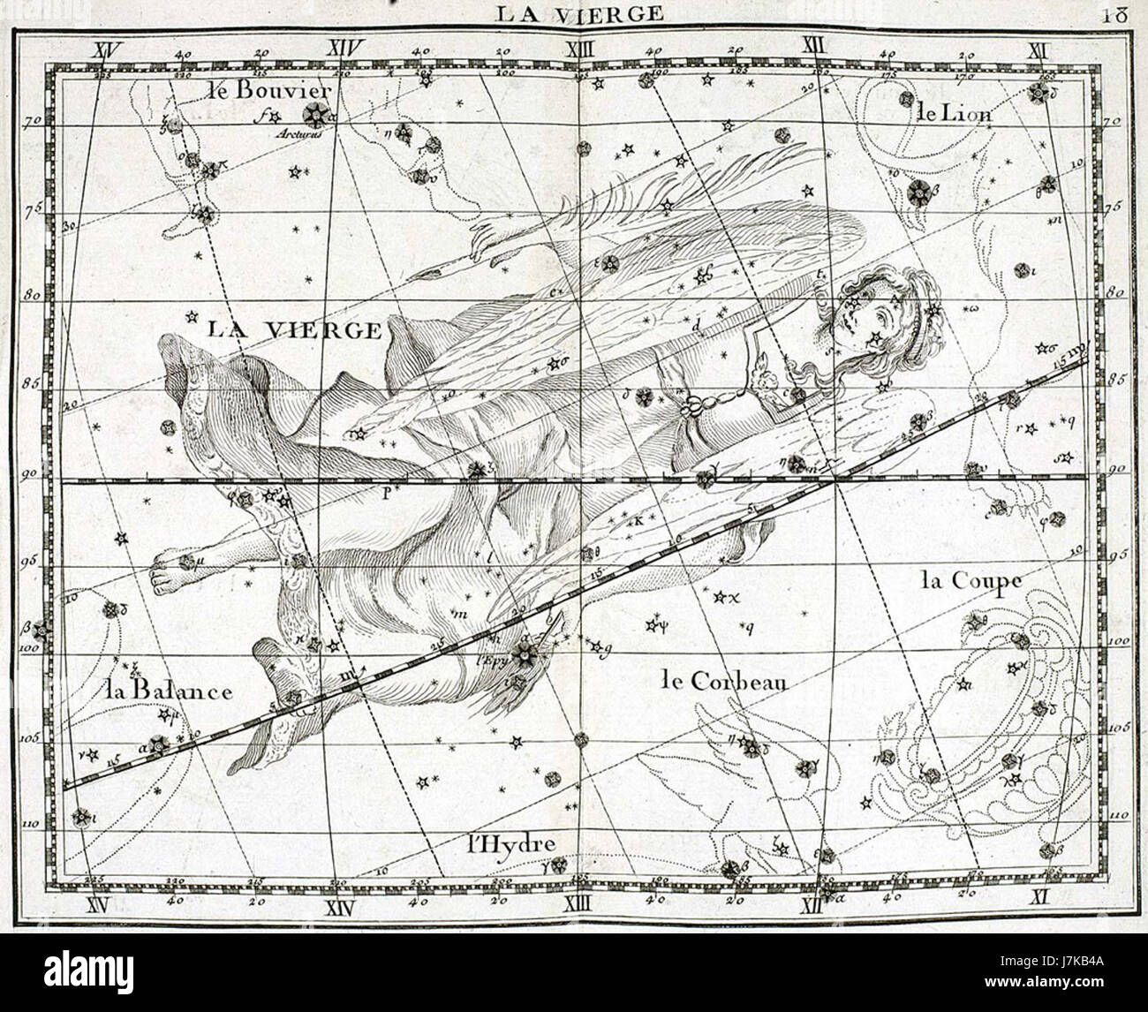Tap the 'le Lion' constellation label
tap(955, 113)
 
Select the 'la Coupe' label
tap(971, 582)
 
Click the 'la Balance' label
tap(167, 690)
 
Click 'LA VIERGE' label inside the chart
tap(294, 330)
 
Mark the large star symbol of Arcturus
tap(313, 114)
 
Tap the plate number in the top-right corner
tap(1115, 13)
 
